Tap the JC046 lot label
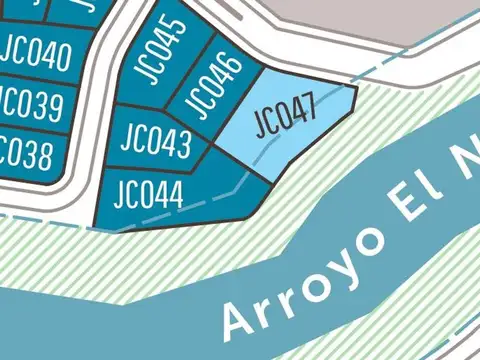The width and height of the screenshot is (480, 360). pyautogui.click(x=213, y=84)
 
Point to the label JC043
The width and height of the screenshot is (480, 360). pyautogui.click(x=155, y=142)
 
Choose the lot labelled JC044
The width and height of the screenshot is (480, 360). pyautogui.click(x=142, y=192)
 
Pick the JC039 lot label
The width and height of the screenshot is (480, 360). pyautogui.click(x=30, y=104)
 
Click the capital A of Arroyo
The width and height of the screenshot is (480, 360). pyautogui.click(x=236, y=317)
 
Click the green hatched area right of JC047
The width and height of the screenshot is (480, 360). pyautogui.click(x=400, y=110)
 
